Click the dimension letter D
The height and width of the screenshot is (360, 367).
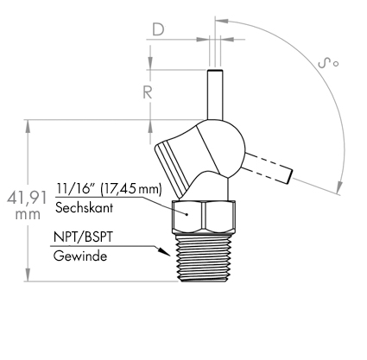pyautogui.click(x=158, y=29)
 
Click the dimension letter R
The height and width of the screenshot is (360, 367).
pyautogui.click(x=148, y=92)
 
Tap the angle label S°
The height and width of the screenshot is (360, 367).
pyautogui.click(x=328, y=63)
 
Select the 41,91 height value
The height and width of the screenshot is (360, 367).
pyautogui.click(x=27, y=198)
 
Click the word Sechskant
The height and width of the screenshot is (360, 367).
pyautogui.click(x=84, y=207)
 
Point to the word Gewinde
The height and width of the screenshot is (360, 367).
pyautogui.click(x=80, y=256)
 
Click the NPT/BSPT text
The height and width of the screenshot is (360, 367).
pyautogui.click(x=83, y=237)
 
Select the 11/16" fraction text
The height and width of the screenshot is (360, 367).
pyautogui.click(x=76, y=188)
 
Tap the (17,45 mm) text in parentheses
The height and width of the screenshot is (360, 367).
pyautogui.click(x=131, y=189)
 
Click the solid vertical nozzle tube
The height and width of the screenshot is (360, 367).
pyautogui.click(x=215, y=94)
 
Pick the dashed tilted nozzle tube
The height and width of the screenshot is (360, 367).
pyautogui.click(x=269, y=168)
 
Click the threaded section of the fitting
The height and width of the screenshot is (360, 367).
pyautogui.click(x=205, y=257)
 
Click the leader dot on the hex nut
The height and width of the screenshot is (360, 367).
pyautogui.click(x=187, y=214)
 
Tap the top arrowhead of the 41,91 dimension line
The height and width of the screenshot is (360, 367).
pyautogui.click(x=28, y=126)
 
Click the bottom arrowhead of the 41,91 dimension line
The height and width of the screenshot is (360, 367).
pyautogui.click(x=28, y=275)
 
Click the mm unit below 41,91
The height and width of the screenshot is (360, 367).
pyautogui.click(x=28, y=215)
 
